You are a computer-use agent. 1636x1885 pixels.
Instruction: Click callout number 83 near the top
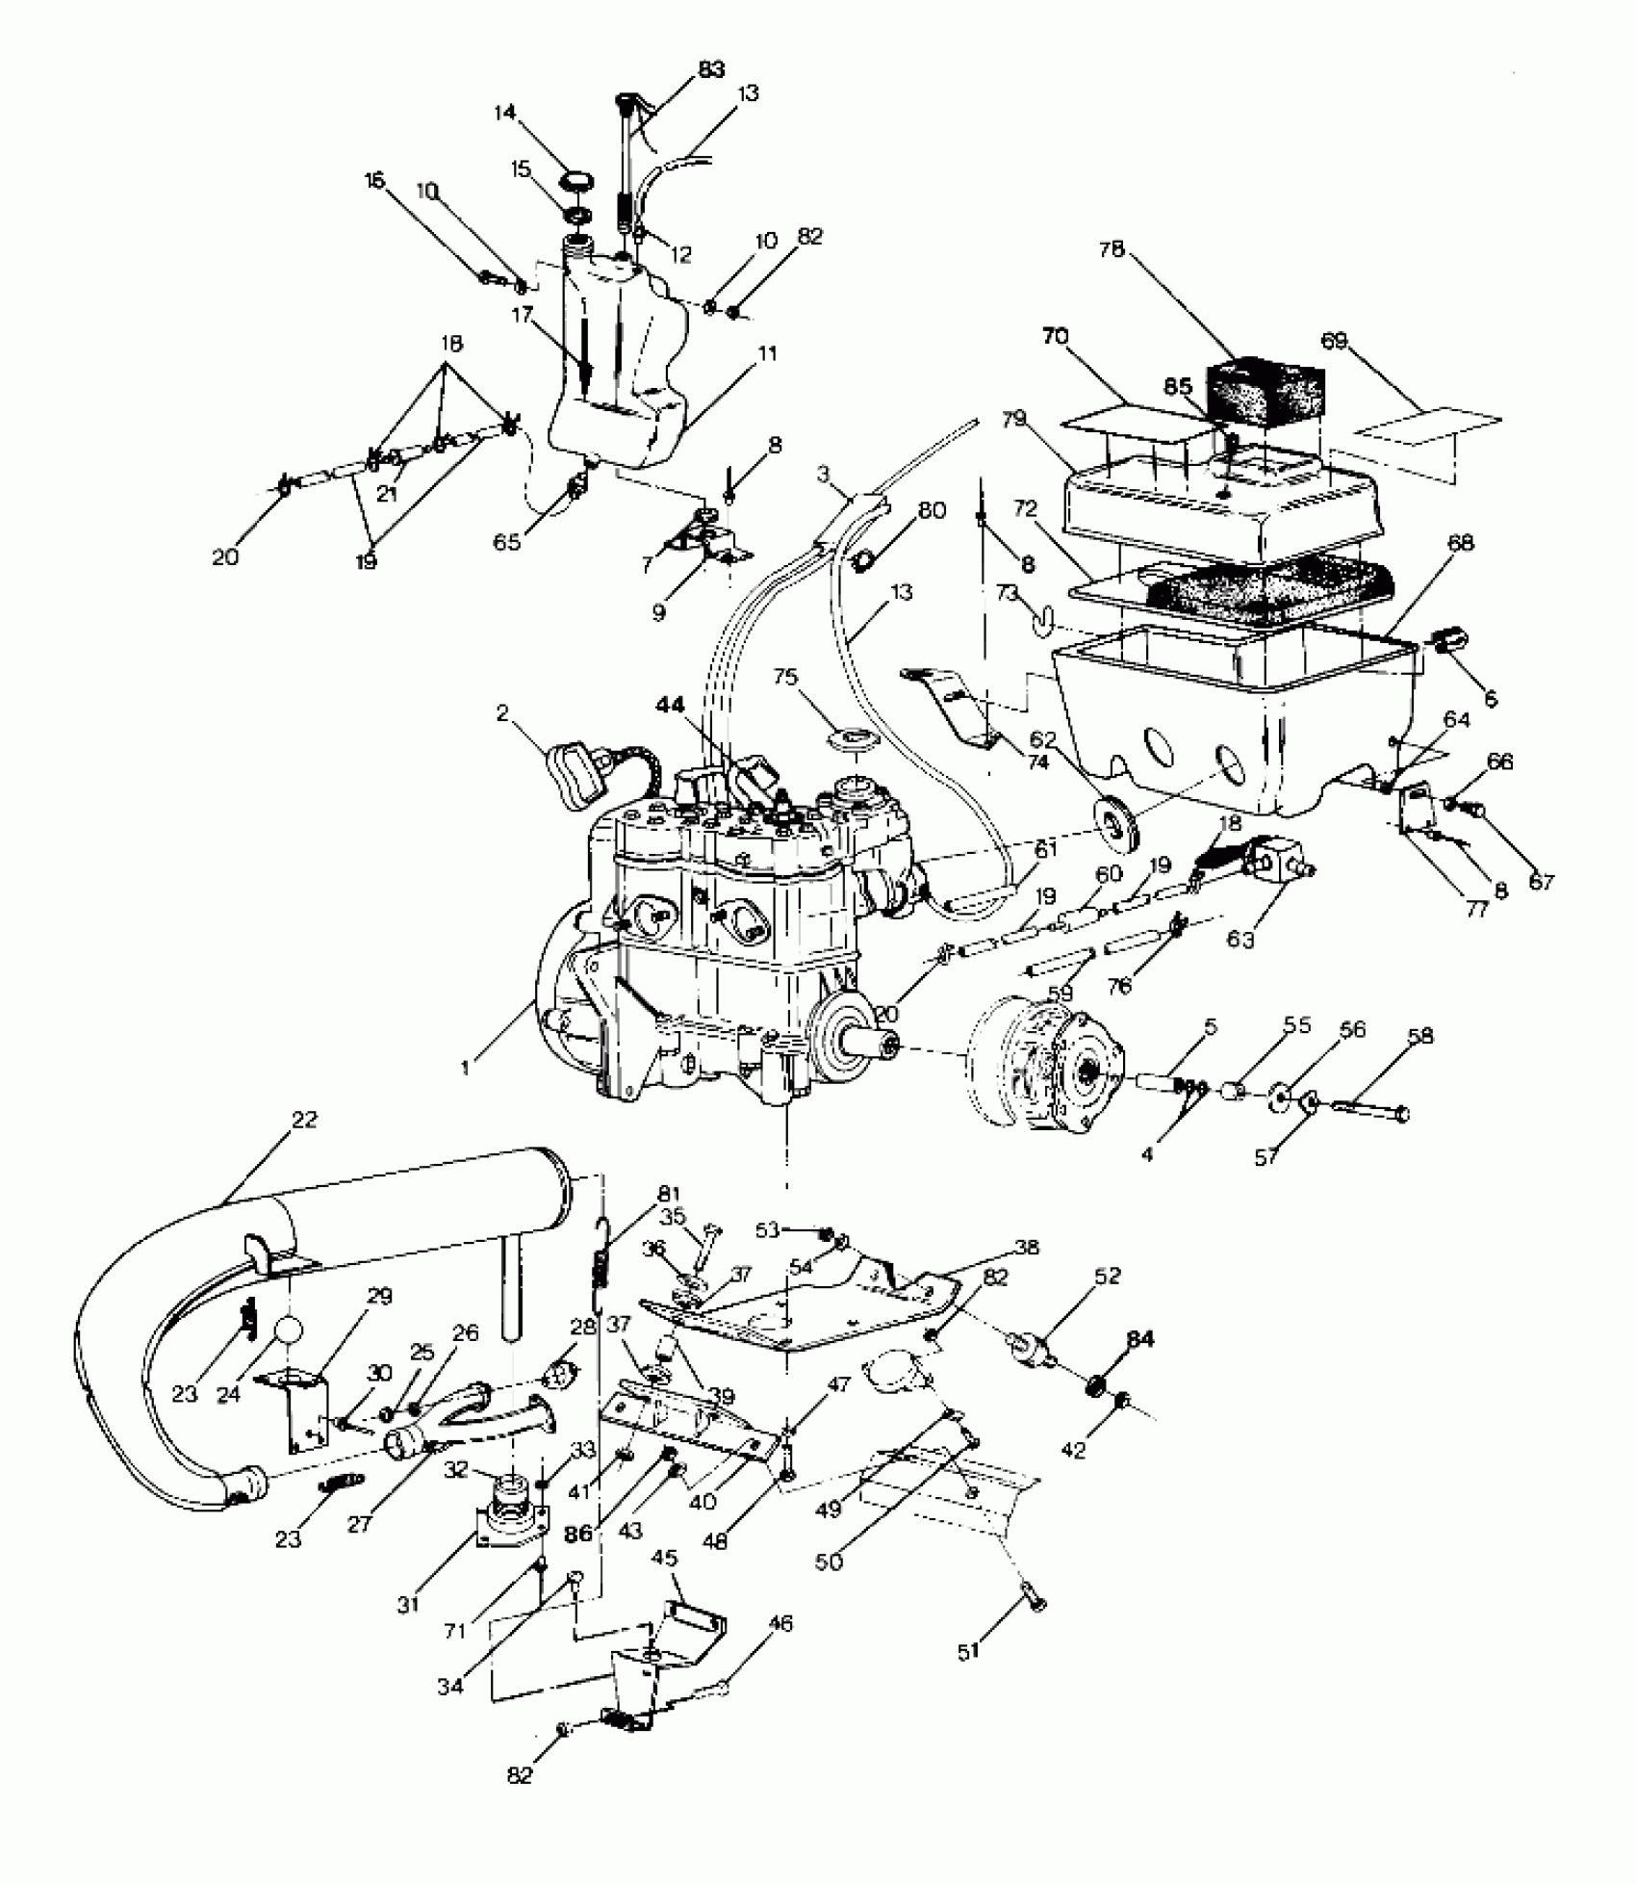click(711, 70)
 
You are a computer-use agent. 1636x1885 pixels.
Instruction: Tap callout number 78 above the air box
click(1111, 249)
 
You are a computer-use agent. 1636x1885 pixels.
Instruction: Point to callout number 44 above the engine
click(670, 705)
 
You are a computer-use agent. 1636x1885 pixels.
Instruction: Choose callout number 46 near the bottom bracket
click(780, 1624)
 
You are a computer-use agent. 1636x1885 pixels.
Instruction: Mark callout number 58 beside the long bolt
click(1419, 1036)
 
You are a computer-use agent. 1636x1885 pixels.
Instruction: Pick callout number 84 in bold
click(1140, 1339)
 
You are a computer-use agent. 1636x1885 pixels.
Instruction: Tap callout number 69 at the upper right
click(1334, 342)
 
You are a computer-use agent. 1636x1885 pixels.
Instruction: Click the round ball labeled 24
click(288, 1330)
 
